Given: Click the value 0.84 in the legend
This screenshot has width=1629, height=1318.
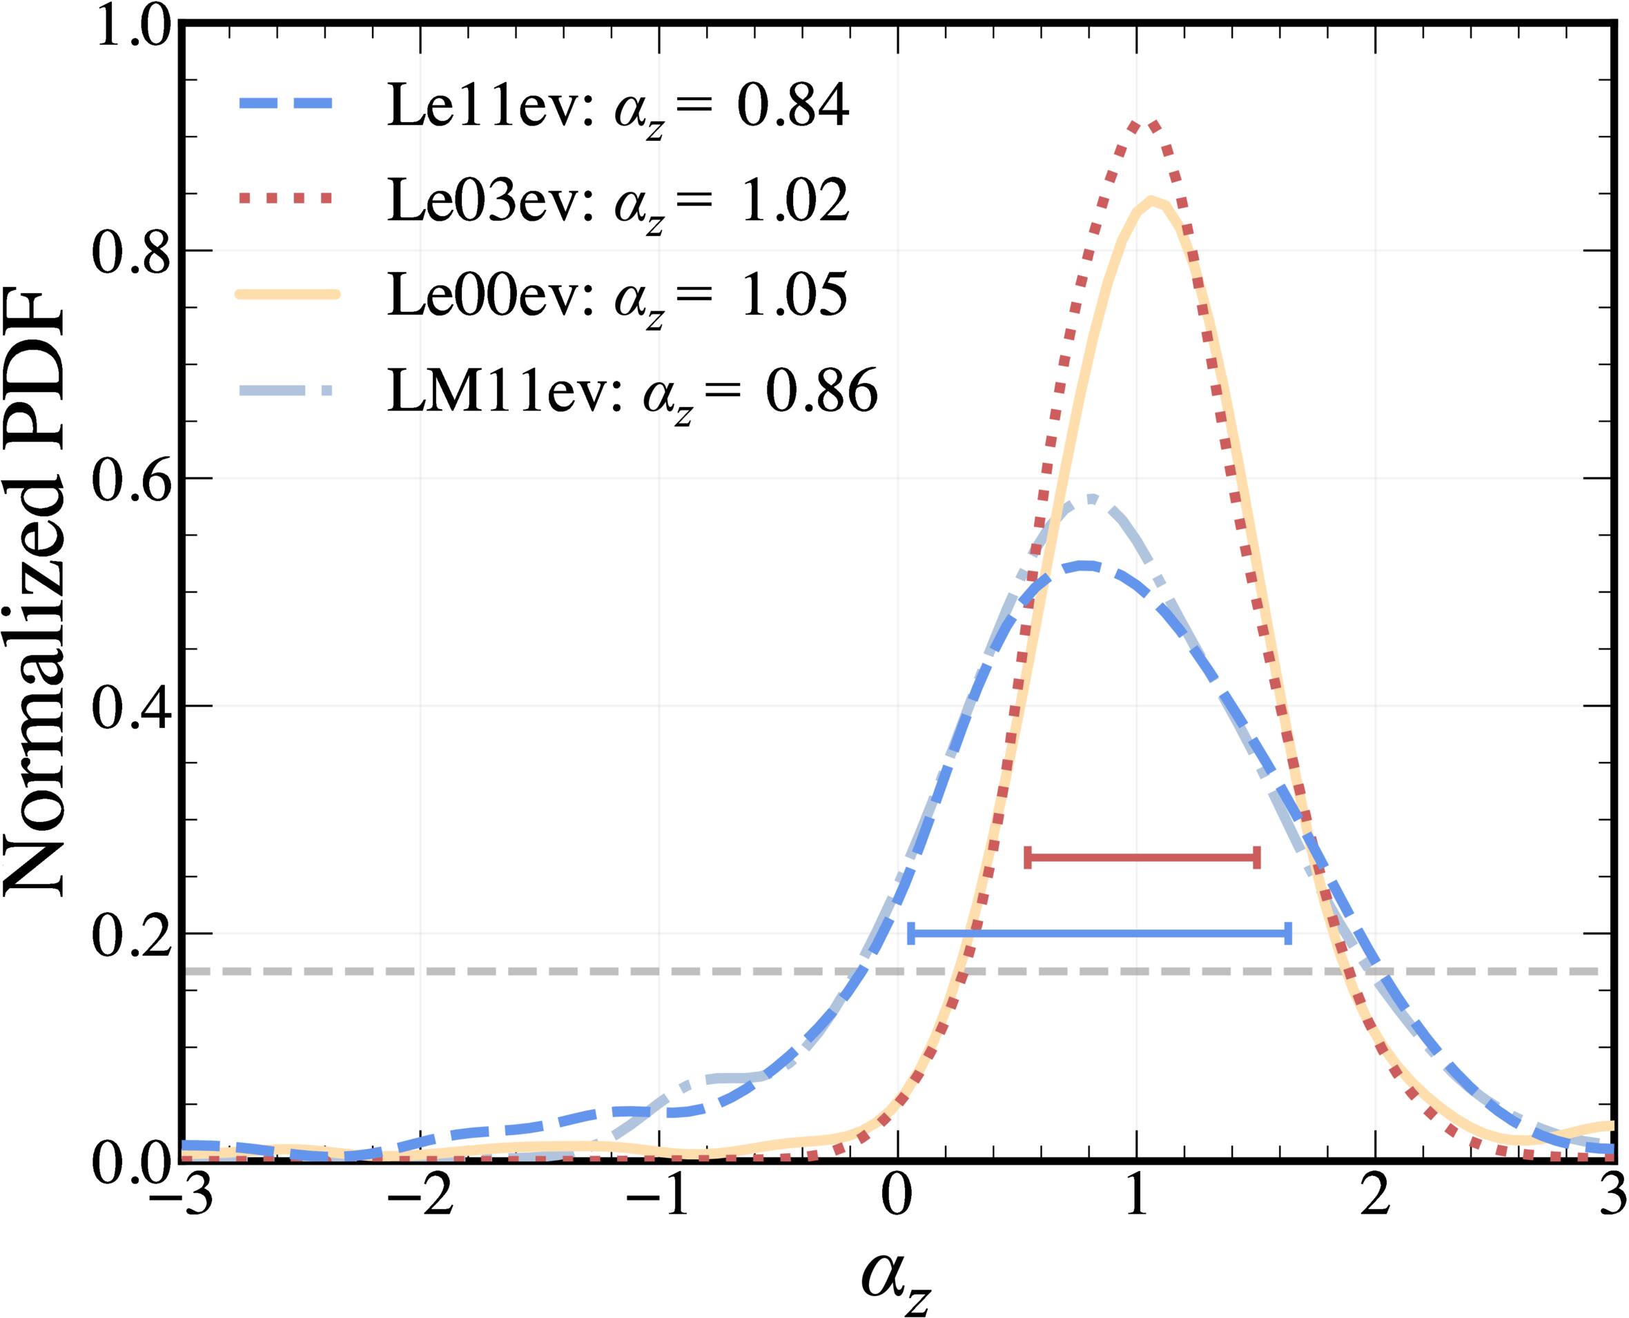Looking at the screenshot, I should coord(792,108).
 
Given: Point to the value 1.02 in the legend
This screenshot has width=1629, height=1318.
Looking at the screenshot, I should coord(792,202).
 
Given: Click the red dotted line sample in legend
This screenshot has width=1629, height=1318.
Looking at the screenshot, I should coord(286,198).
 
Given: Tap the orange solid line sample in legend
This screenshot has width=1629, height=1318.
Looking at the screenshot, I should coord(286,295).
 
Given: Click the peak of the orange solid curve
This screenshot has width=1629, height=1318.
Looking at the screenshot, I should coord(1153,201).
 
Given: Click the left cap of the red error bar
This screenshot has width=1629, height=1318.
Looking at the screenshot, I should coord(1028,858).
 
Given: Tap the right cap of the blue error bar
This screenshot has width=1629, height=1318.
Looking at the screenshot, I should coord(1288,934).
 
